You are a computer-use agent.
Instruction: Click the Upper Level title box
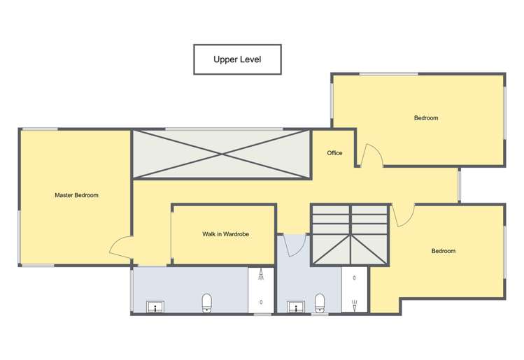coord(237,59)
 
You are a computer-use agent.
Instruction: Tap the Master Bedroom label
coord(76,195)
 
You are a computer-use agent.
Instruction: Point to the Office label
coord(334,152)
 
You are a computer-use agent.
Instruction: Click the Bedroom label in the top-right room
coord(425,118)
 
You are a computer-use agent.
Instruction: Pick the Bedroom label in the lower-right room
coord(443,251)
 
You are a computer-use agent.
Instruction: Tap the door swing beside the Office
coord(372,154)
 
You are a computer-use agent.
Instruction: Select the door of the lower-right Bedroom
coord(404,215)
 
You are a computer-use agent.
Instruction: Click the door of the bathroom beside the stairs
coord(295,244)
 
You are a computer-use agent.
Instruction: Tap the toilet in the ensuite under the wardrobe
coord(206,302)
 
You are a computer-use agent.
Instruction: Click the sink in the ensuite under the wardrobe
coord(154,306)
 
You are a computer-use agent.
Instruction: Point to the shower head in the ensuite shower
coord(261,274)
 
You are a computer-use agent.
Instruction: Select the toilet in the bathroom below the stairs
coord(320,302)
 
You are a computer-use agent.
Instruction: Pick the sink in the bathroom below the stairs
coord(295,306)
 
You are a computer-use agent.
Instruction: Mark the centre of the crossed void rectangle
coord(222,154)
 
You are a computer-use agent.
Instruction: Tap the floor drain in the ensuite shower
coord(261,302)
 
